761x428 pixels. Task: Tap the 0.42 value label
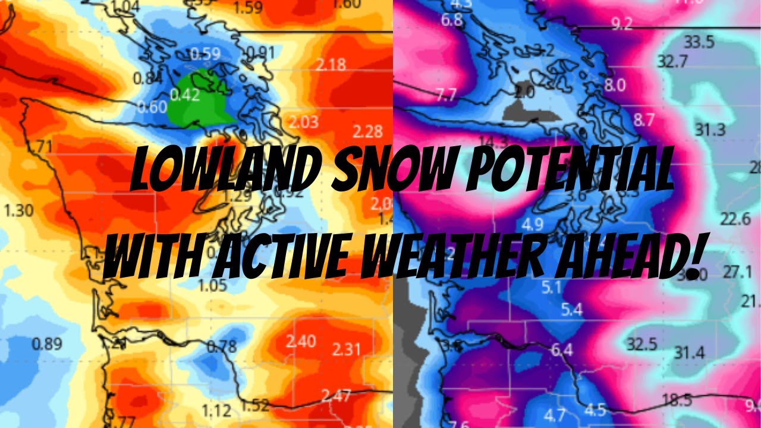click(185, 95)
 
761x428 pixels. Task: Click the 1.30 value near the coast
click(18, 210)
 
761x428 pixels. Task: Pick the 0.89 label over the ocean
click(47, 344)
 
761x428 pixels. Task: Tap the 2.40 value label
click(300, 341)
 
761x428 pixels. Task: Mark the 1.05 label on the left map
click(213, 286)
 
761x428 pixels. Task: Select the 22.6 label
click(735, 219)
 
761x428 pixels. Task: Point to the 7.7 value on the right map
click(446, 95)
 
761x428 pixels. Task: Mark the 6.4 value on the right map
click(562, 350)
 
